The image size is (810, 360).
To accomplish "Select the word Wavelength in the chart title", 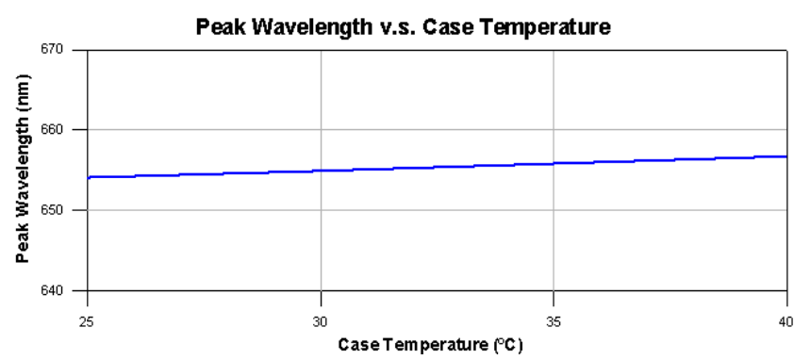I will (302, 27).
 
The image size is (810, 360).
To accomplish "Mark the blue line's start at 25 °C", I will (89, 176).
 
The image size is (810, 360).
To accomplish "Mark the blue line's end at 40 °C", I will (785, 156).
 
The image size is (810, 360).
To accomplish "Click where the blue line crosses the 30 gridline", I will (322, 171).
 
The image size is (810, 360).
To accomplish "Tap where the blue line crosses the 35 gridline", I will (554, 163).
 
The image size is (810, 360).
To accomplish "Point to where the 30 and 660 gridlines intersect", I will (322, 129).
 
